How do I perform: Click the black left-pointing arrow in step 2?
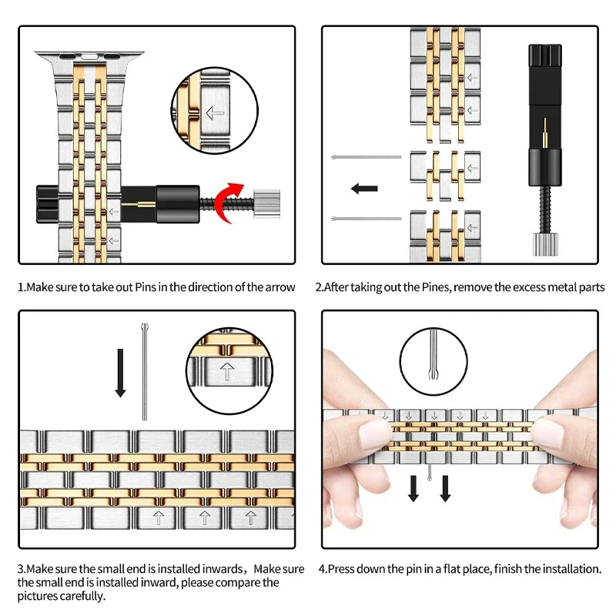pos(363,188)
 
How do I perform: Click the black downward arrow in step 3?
pos(120,372)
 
